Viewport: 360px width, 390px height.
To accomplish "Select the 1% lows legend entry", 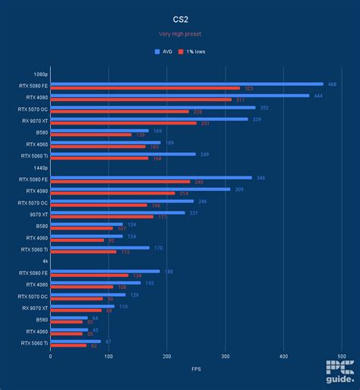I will pyautogui.click(x=198, y=52).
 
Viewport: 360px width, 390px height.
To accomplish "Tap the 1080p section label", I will pyautogui.click(x=43, y=74).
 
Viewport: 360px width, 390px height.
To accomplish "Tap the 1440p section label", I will pyautogui.click(x=43, y=167).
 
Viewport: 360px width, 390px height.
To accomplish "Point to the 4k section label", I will pyautogui.click(x=46, y=261).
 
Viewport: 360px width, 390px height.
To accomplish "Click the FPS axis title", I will pyautogui.click(x=196, y=369).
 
